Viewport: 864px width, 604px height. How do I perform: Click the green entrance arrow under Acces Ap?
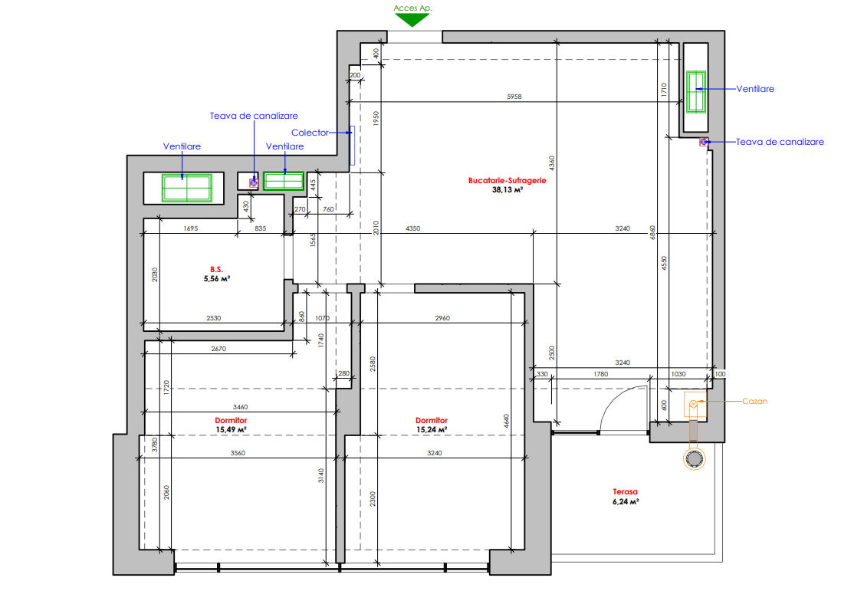click(x=412, y=20)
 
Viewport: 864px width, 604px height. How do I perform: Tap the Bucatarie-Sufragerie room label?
click(x=507, y=180)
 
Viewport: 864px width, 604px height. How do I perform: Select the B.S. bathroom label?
click(x=216, y=270)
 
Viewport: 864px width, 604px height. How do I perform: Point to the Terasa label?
click(x=626, y=491)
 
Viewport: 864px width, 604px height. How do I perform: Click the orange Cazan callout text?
click(x=754, y=401)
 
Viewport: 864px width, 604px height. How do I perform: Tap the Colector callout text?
click(x=310, y=133)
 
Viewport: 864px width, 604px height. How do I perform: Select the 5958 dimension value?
click(x=514, y=97)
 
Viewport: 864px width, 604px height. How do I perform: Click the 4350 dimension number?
click(x=412, y=228)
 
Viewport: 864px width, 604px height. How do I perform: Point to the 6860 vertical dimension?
click(x=652, y=232)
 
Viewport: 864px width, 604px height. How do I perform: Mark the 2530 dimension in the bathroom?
click(x=214, y=318)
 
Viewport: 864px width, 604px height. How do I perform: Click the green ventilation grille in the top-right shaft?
click(x=696, y=92)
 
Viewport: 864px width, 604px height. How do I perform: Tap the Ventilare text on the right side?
click(x=755, y=89)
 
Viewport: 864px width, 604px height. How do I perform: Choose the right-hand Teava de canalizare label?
click(x=780, y=142)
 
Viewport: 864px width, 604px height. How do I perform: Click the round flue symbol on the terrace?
click(x=695, y=458)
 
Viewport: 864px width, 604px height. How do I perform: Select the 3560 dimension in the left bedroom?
click(x=238, y=453)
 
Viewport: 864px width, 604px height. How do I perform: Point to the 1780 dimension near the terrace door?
click(x=600, y=374)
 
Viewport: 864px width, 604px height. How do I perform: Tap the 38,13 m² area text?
click(x=507, y=189)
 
